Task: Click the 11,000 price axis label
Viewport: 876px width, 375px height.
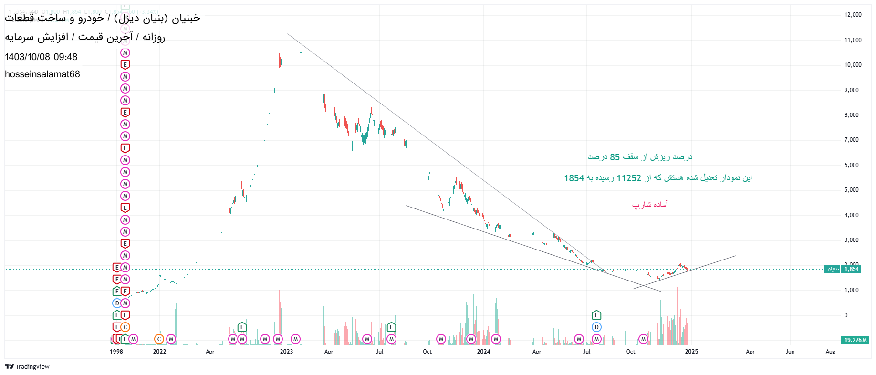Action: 853,40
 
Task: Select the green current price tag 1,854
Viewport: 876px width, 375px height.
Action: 851,269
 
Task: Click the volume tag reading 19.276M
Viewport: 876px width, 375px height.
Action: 855,340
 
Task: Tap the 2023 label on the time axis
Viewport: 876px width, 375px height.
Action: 286,352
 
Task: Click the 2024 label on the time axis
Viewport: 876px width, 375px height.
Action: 483,352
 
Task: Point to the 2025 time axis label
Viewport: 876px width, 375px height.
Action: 691,352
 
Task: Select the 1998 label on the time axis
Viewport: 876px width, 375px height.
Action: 116,352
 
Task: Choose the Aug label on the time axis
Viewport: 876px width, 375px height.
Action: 830,352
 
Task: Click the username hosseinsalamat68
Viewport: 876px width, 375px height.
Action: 42,74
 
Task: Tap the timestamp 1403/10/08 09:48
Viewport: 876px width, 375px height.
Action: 41,57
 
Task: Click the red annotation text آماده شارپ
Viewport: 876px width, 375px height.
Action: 650,205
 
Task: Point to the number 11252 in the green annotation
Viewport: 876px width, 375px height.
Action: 629,178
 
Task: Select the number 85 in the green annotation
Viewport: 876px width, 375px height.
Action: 615,157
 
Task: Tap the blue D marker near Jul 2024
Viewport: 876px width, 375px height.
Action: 596,327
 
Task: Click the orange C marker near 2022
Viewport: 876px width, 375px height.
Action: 159,339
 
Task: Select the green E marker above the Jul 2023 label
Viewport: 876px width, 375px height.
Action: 391,327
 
